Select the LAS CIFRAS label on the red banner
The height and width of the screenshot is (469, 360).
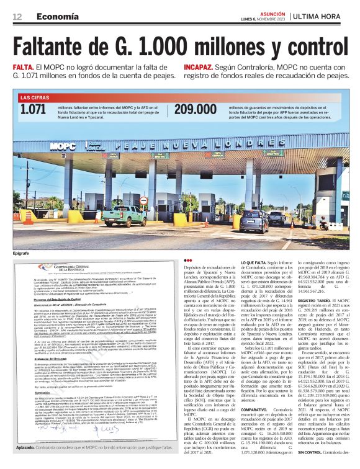click(35, 97)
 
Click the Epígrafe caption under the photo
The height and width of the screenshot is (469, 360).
click(21, 254)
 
